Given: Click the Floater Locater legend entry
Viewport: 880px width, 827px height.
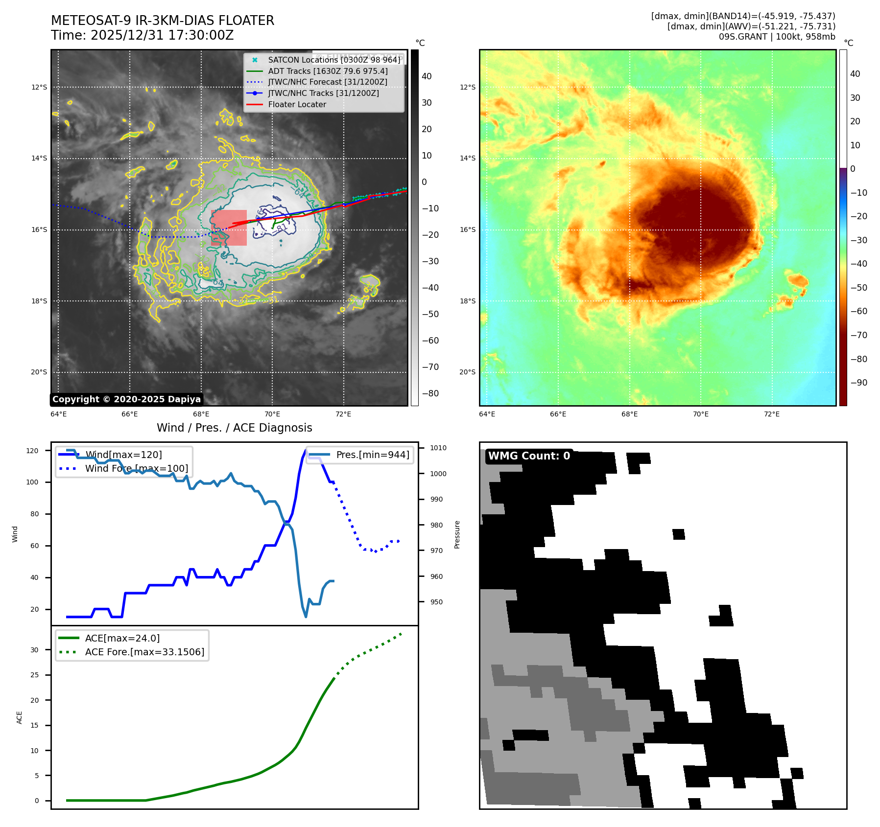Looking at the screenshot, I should (297, 104).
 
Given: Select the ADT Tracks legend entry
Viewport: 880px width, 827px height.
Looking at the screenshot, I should (328, 71).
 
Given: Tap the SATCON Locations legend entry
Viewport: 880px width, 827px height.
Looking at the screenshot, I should (334, 60).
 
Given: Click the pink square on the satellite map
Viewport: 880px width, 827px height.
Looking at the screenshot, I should (229, 228).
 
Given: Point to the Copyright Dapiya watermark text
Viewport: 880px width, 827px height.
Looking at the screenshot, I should (126, 399).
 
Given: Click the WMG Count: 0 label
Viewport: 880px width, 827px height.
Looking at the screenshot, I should (529, 456).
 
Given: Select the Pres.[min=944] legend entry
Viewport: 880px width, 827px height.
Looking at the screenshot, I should (372, 455).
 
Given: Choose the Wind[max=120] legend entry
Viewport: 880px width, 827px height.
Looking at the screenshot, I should (123, 455).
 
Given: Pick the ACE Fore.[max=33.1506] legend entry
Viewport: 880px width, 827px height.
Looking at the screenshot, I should (144, 652).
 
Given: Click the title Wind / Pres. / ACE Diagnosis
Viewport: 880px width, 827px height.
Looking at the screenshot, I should (234, 428).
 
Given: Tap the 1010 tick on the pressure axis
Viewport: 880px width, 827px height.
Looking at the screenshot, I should (438, 448).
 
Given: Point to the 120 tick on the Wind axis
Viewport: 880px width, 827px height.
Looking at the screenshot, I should (32, 451).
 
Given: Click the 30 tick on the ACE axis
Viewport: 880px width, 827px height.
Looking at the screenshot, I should (35, 650).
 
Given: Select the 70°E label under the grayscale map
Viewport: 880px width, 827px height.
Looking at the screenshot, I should (272, 414).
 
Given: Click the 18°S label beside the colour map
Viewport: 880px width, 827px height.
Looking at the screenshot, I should (467, 301).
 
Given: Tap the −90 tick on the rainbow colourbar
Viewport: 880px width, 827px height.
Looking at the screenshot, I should (859, 383).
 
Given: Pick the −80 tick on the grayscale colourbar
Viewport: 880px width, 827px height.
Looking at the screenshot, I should (430, 393).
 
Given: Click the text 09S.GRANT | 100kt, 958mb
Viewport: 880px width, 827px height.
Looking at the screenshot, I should (777, 37).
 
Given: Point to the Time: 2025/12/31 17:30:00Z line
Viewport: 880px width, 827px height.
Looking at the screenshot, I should (143, 35).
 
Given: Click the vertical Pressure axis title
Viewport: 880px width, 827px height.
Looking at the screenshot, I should (457, 534).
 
